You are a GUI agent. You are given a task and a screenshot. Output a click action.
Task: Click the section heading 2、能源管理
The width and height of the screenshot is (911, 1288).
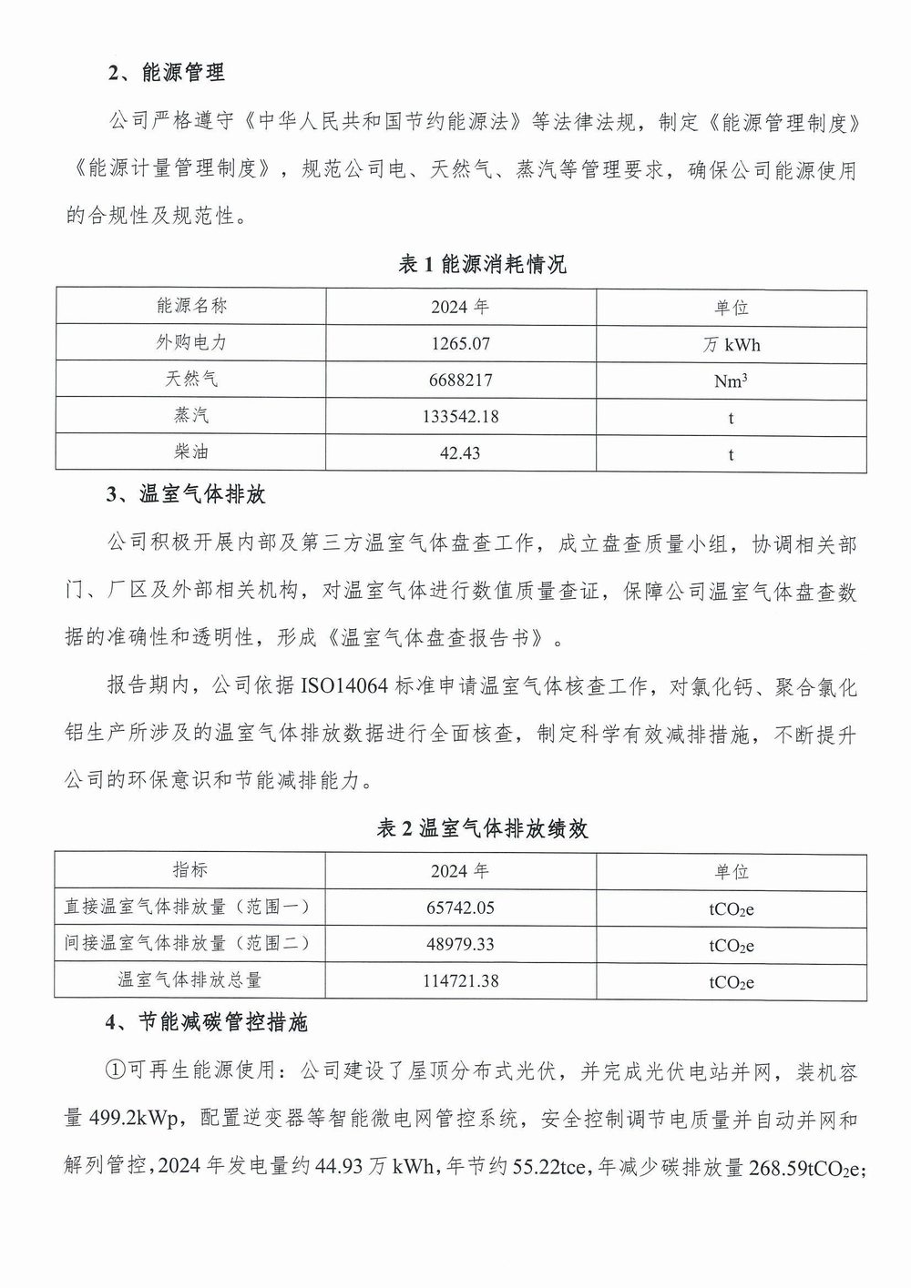pos(167,74)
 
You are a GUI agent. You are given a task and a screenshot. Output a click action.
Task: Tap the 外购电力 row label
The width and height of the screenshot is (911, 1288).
pos(191,342)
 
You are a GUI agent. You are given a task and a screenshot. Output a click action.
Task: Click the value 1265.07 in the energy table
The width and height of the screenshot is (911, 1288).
pos(460,343)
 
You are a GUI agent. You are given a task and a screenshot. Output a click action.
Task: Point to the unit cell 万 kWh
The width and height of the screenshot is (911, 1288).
pos(731,344)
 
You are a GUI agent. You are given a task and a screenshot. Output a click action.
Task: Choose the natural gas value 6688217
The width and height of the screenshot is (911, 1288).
pos(460,380)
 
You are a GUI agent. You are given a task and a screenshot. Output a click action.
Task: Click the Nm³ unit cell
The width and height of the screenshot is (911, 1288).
pos(731,380)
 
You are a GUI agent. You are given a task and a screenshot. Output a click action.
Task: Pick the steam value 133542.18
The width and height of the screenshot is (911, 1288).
pos(460,416)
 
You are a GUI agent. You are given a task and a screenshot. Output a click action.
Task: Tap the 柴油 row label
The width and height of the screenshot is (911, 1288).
pos(191,451)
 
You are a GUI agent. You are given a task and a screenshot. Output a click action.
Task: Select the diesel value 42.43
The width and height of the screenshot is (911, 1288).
pos(460,452)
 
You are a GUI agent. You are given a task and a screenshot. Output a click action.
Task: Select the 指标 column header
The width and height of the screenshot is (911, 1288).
pos(190,869)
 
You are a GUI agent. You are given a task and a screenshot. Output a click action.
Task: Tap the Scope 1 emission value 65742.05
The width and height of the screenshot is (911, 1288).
pos(460,908)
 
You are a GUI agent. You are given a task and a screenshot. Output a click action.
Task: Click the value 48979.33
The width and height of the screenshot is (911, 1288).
pos(460,944)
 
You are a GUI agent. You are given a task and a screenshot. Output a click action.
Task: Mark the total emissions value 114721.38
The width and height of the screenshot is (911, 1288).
pos(460,980)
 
